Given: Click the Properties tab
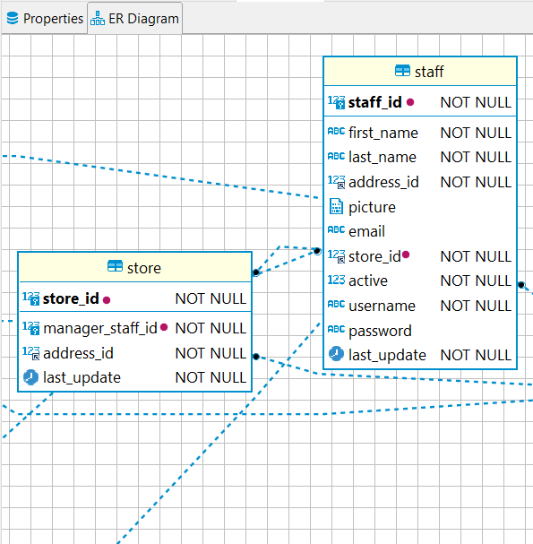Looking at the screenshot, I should click(45, 19).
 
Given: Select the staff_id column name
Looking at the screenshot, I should click(374, 102).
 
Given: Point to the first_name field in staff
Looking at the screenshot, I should click(383, 133).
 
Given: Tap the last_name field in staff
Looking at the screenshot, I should click(383, 157).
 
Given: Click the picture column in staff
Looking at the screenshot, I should click(372, 207).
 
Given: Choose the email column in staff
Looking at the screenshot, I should click(366, 231).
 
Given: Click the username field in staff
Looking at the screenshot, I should click(382, 306).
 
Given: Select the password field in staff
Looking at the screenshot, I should click(380, 331).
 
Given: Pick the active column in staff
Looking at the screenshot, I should click(368, 281).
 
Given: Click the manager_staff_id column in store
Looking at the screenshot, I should click(100, 328).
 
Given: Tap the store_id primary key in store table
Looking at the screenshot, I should click(71, 298).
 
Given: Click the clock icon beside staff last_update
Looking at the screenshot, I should click(336, 355).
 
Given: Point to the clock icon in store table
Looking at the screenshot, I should click(30, 377).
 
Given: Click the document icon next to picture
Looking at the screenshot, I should click(336, 207).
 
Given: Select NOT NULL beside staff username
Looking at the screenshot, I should click(476, 306).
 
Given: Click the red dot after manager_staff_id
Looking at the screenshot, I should click(164, 328).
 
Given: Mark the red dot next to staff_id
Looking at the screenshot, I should click(410, 102).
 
